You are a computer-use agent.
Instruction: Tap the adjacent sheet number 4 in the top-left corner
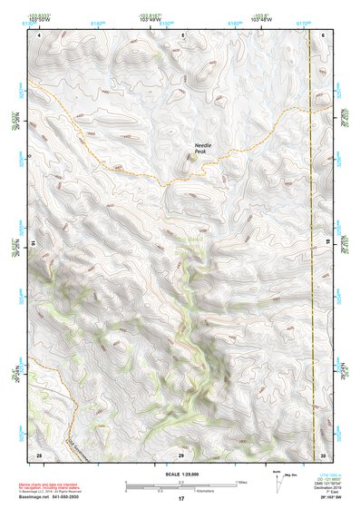click(39, 34)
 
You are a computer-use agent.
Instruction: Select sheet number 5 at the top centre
click(182, 34)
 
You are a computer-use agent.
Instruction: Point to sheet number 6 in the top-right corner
click(324, 34)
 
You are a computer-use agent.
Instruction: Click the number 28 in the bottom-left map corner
click(39, 454)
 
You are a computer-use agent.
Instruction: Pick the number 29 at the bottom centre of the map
click(180, 454)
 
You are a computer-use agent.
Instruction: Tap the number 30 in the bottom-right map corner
click(323, 454)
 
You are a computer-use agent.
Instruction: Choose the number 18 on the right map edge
click(329, 244)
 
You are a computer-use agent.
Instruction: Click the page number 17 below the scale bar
click(180, 499)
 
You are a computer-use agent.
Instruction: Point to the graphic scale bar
click(180, 484)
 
